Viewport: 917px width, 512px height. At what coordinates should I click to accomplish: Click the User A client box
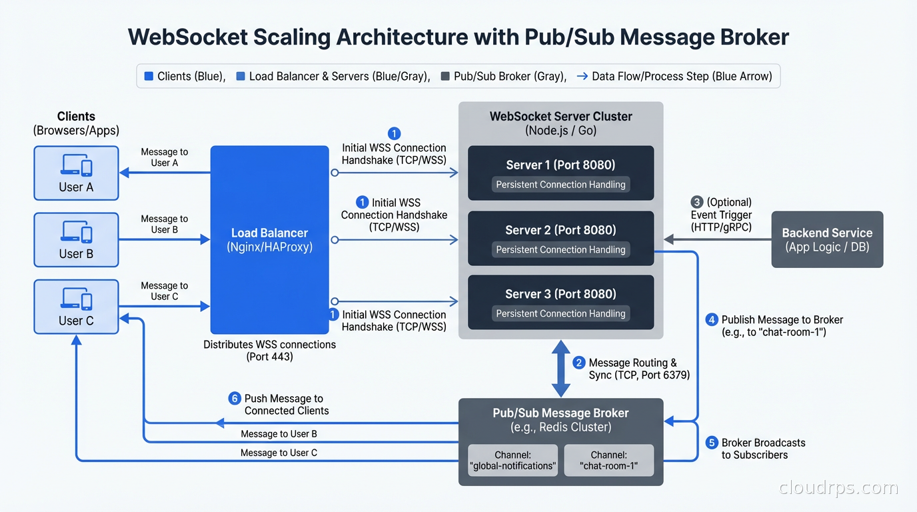[x=76, y=173]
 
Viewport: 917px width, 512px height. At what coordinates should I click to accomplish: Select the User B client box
[x=76, y=240]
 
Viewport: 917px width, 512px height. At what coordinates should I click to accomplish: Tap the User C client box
[x=76, y=307]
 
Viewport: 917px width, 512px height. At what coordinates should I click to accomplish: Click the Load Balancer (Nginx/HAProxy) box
[x=269, y=240]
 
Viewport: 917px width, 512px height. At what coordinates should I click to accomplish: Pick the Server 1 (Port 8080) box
[x=560, y=173]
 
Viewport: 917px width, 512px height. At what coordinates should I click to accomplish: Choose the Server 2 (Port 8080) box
[x=560, y=238]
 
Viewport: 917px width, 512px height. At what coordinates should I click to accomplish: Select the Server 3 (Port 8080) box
[x=560, y=302]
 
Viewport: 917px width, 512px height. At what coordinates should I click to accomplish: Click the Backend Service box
[x=827, y=239]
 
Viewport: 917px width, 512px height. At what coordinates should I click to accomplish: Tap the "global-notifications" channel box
[x=512, y=460]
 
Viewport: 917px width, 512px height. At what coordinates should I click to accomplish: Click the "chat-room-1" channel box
[x=609, y=460]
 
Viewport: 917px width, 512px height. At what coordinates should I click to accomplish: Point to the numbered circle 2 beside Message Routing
[x=579, y=363]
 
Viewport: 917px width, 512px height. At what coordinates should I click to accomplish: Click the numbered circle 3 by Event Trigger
[x=697, y=202]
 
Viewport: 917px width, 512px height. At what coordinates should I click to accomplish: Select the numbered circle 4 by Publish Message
[x=712, y=320]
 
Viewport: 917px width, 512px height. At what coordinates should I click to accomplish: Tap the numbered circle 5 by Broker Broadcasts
[x=712, y=443]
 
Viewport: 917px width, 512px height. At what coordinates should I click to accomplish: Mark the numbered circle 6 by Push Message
[x=235, y=399]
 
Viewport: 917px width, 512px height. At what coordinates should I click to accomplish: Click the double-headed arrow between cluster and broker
[x=560, y=368]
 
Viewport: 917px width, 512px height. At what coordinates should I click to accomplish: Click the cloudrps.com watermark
[x=838, y=488]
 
